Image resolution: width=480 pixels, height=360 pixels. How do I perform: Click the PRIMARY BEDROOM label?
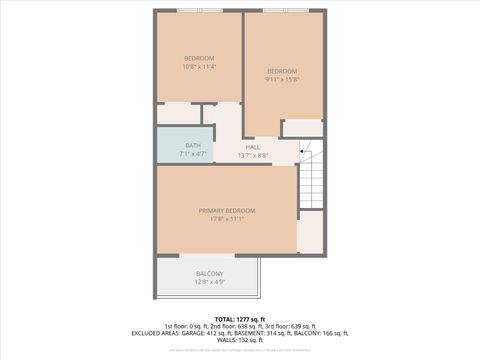pos(227,210)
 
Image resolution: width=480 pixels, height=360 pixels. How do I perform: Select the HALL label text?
pos(253,147)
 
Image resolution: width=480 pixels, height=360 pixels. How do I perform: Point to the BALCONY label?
pos(209,273)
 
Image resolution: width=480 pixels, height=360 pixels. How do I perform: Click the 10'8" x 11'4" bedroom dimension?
pos(199,67)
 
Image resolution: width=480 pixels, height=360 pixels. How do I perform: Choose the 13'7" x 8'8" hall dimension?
pos(253,155)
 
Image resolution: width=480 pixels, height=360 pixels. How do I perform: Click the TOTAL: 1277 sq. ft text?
pos(240,318)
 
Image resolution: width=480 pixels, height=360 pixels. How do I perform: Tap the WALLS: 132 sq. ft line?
pos(240,340)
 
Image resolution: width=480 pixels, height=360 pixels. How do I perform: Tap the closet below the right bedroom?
pos(303,128)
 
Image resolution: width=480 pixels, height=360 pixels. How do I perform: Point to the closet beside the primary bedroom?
pos(311,232)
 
